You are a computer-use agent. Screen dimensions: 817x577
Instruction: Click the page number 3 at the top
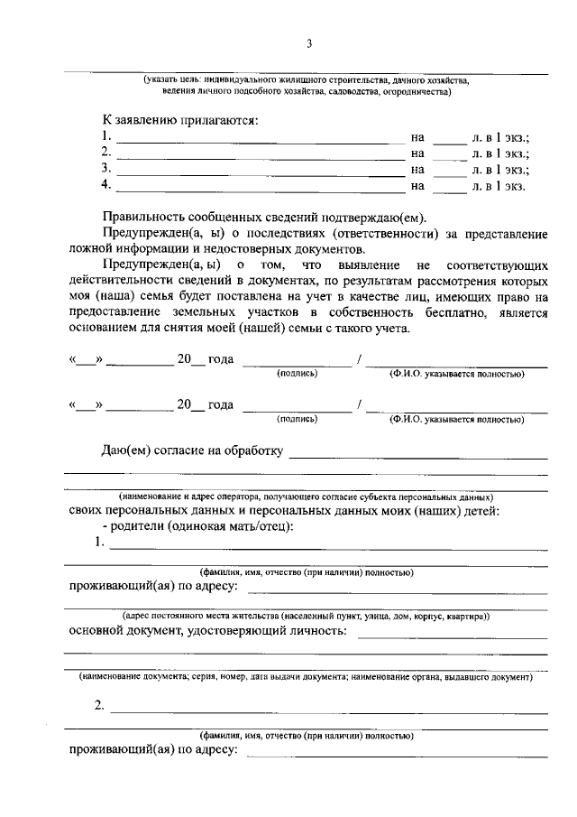308,44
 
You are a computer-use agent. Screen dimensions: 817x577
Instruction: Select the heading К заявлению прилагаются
179,119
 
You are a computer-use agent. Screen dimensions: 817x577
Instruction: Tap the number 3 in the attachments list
106,169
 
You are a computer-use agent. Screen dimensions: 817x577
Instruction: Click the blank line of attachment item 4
261,187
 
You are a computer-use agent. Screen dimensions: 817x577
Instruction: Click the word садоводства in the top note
336,90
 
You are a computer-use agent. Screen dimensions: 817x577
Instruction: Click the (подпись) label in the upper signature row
297,373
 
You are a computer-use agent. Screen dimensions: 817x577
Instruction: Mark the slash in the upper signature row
361,359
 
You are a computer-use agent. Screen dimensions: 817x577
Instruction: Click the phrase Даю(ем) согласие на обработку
193,450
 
